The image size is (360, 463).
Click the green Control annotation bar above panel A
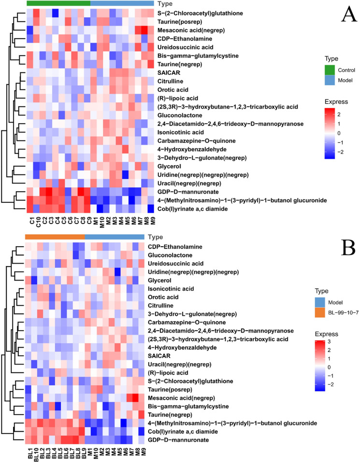coord(58,3)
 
